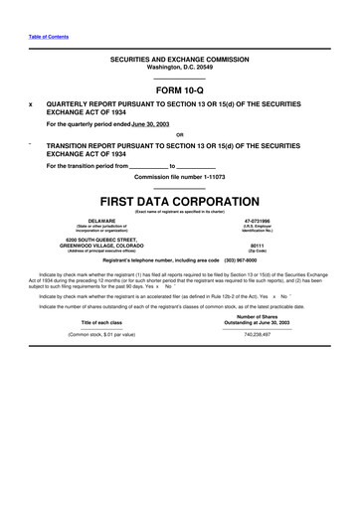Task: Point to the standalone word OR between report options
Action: (179, 135)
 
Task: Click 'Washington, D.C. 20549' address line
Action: (180, 67)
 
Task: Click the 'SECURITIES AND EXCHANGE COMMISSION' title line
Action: (180, 60)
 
